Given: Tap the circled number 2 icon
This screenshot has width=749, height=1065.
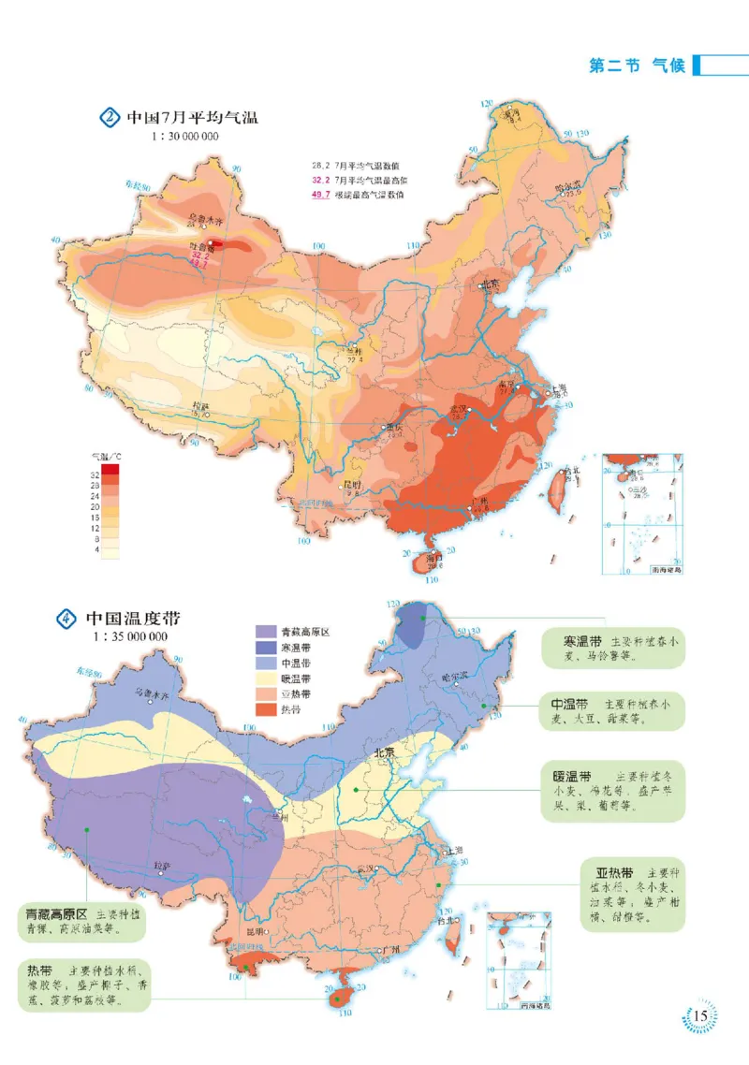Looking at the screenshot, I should coord(109,118).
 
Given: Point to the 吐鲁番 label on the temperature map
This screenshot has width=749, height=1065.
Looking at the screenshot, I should coord(201,249).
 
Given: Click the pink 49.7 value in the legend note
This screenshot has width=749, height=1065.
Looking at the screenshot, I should coord(320,195).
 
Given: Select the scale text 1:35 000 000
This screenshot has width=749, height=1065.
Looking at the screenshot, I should coord(130,636).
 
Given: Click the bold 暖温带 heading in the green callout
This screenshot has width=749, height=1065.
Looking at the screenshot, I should coord(570,776).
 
